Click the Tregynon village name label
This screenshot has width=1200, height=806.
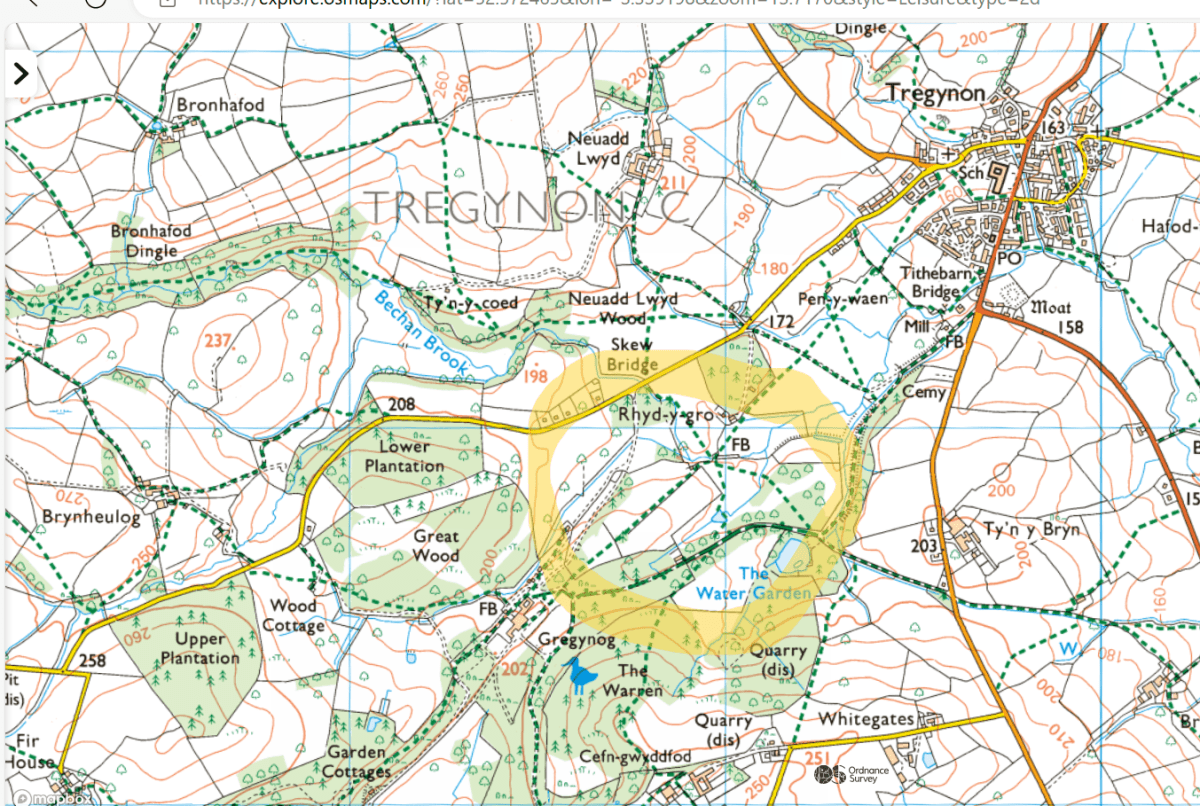pyautogui.click(x=936, y=93)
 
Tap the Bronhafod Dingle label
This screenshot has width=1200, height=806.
pyautogui.click(x=151, y=241)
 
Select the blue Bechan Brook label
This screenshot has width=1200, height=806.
pyautogui.click(x=421, y=333)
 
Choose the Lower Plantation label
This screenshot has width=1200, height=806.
pyautogui.click(x=404, y=456)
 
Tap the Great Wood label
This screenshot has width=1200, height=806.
pyautogui.click(x=436, y=545)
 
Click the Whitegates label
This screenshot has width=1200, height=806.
pyautogui.click(x=865, y=719)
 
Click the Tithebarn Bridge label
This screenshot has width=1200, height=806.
pyautogui.click(x=929, y=283)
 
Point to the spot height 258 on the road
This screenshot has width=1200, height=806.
pyautogui.click(x=92, y=660)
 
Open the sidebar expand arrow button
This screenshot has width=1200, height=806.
pyautogui.click(x=21, y=73)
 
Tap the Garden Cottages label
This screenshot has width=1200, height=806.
pyautogui.click(x=356, y=761)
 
